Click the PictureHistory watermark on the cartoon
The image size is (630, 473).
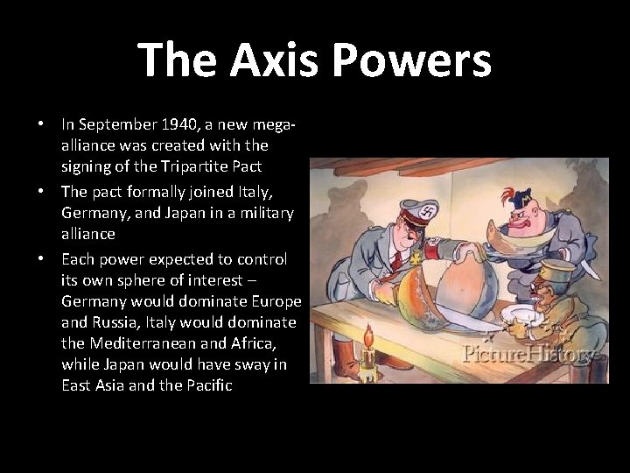click(x=530, y=354)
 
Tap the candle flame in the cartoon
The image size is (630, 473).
click(x=367, y=335)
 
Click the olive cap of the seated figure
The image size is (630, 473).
click(x=557, y=271)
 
